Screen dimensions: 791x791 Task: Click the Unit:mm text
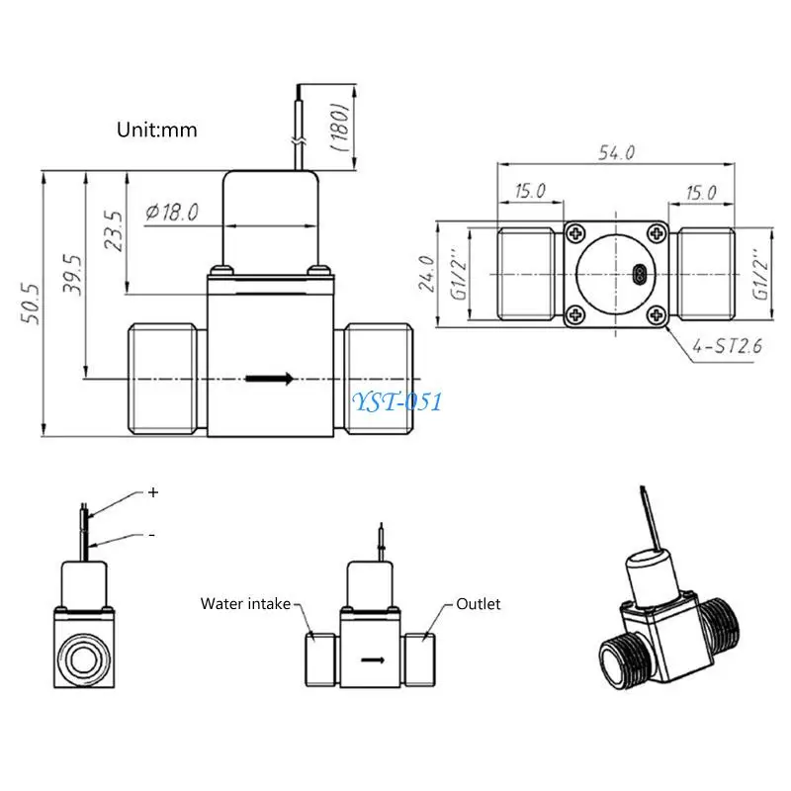pos(157,130)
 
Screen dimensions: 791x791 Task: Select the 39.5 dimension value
pos(73,276)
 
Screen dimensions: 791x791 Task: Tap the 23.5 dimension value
pos(114,230)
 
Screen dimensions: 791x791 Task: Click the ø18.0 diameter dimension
pos(172,211)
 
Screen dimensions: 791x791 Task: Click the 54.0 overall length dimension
pos(616,152)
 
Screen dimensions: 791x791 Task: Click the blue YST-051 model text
pos(397,400)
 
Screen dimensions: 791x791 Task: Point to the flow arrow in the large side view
pos(268,378)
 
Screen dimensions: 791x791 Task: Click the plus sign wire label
pos(153,491)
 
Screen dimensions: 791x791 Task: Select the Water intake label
pos(245,603)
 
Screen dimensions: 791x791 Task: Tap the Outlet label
pos(479,603)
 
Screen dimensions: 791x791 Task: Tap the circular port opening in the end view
pos(86,656)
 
